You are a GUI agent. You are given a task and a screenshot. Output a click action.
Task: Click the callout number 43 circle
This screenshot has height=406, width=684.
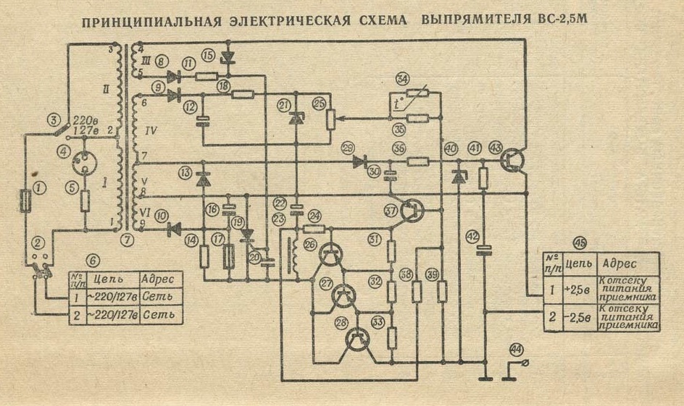[496, 148]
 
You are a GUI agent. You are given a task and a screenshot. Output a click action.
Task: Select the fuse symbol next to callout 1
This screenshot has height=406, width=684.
[25, 201]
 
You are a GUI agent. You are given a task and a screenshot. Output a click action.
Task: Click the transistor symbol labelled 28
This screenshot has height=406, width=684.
[356, 339]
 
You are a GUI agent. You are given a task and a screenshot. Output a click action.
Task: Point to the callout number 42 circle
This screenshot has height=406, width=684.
[473, 236]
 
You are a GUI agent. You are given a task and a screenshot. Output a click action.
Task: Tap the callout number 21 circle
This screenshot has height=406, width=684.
[284, 105]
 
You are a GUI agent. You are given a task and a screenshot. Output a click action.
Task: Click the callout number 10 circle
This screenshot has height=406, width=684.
[160, 215]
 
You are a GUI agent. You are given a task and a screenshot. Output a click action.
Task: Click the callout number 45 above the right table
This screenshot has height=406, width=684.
[580, 243]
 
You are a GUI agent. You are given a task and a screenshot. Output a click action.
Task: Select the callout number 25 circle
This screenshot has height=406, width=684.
[319, 104]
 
